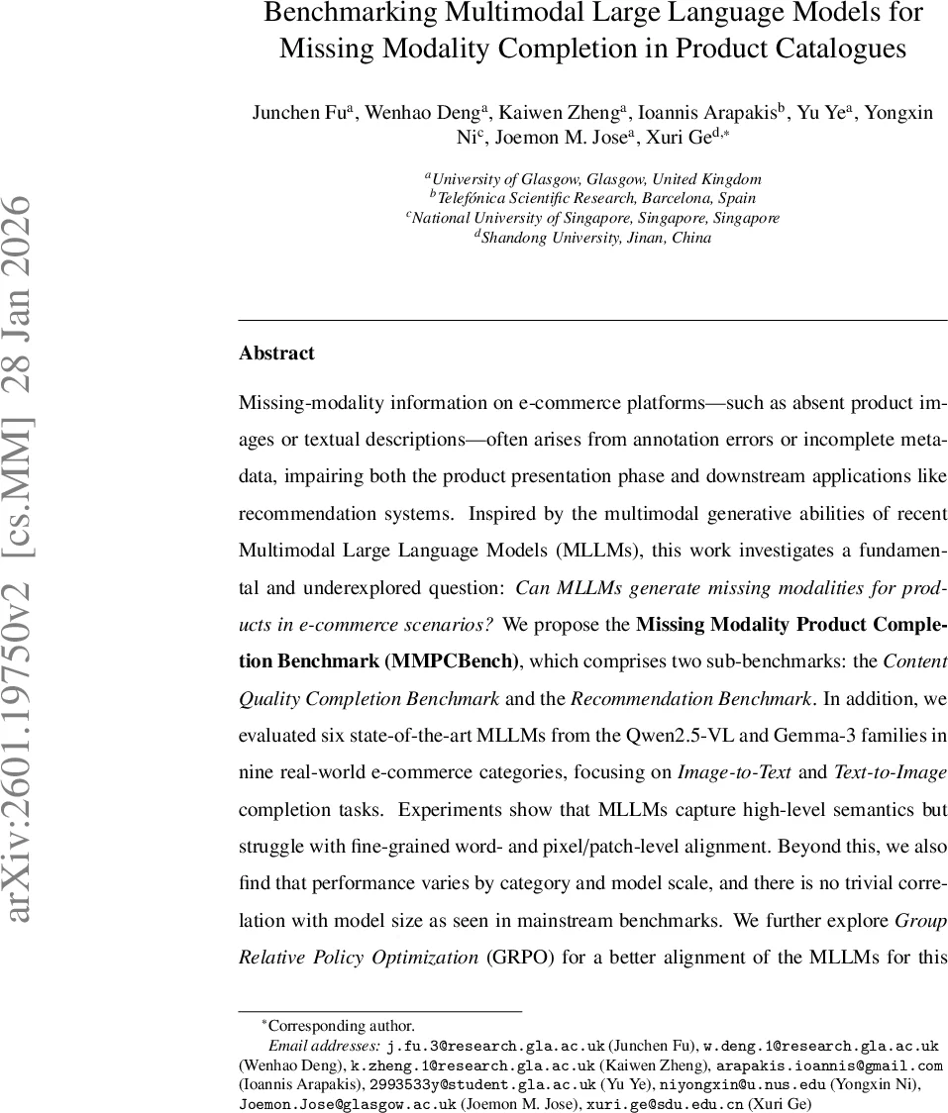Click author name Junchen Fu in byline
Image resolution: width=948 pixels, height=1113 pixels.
point(296,113)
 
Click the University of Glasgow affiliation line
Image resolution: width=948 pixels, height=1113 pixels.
point(593,179)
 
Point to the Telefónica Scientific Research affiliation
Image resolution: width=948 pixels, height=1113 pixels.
point(593,198)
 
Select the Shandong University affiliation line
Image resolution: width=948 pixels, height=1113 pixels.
point(593,238)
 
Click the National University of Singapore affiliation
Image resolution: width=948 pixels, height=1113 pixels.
point(593,218)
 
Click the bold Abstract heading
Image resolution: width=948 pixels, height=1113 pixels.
point(276,354)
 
